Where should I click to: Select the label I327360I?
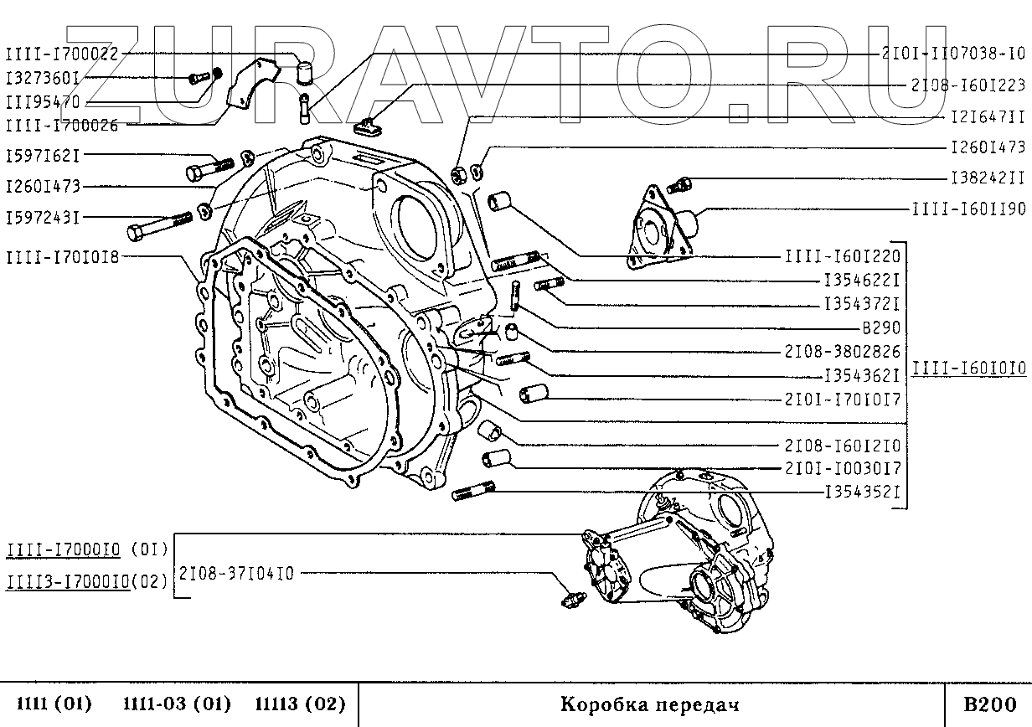[x=43, y=79]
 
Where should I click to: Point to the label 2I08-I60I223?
[x=967, y=85]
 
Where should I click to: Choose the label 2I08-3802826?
[x=842, y=352]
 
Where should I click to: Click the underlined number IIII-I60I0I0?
[x=967, y=367]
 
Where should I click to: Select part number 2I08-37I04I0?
[x=235, y=574]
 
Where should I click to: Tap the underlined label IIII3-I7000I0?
[x=67, y=580]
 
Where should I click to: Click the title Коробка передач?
[x=649, y=704]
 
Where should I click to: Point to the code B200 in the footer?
[x=989, y=704]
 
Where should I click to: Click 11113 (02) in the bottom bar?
[x=299, y=704]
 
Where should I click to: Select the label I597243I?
[x=43, y=218]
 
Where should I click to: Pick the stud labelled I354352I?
[x=473, y=492]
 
